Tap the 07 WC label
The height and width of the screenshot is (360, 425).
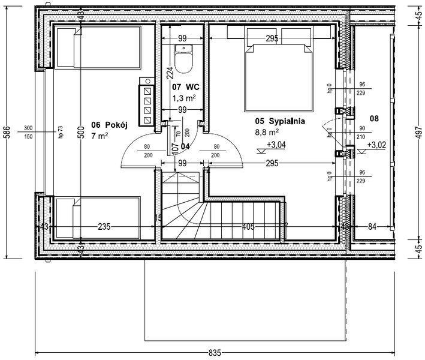(x=185, y=87)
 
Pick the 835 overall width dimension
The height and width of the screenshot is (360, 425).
(x=215, y=352)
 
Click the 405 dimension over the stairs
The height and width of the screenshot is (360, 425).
(x=248, y=227)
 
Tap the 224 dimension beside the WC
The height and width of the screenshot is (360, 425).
(x=169, y=73)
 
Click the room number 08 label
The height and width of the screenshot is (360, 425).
(x=374, y=119)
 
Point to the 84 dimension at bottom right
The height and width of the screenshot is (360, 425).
(x=373, y=227)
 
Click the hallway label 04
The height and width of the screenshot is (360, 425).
(x=185, y=146)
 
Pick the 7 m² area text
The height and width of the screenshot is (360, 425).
(x=100, y=136)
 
